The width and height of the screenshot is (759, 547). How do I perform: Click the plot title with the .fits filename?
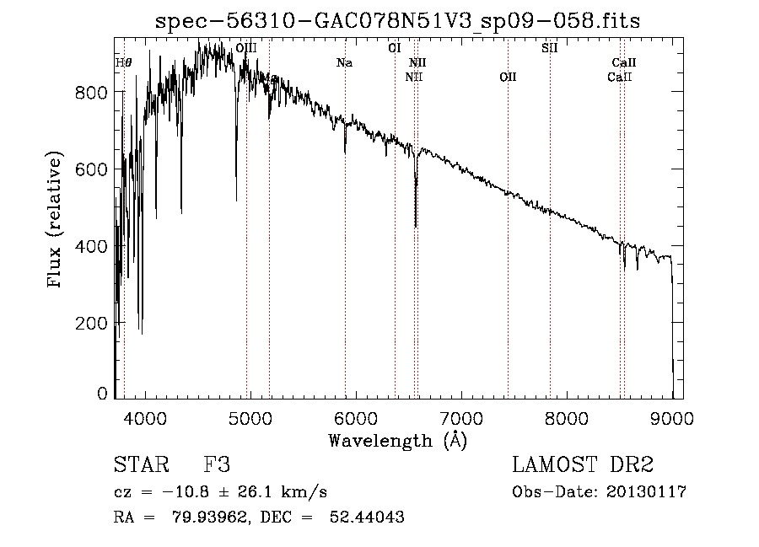tap(398, 22)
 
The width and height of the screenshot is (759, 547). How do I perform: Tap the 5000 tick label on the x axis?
tap(250, 417)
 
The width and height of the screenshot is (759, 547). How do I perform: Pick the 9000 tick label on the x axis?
tap(672, 417)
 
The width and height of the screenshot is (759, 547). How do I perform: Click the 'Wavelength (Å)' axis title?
tap(397, 439)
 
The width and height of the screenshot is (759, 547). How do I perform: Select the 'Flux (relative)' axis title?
tap(57, 221)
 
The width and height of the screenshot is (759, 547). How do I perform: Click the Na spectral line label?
tap(344, 63)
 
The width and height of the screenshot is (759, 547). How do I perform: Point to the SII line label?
tap(549, 48)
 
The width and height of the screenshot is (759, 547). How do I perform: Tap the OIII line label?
tap(246, 48)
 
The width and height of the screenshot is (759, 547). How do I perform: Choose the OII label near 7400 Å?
tap(508, 78)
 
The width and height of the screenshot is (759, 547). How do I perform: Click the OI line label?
tap(394, 48)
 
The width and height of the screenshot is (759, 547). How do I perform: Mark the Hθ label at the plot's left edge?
tap(123, 63)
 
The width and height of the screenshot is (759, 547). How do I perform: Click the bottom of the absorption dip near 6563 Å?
tap(416, 226)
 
